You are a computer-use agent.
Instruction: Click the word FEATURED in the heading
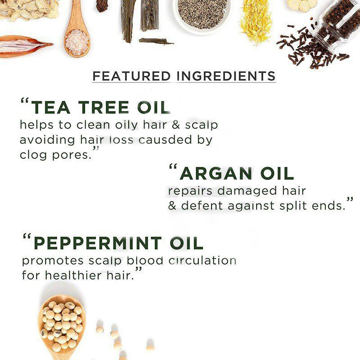(x=131, y=76)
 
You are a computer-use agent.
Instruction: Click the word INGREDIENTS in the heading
(x=226, y=76)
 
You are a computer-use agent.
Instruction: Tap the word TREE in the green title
(x=103, y=108)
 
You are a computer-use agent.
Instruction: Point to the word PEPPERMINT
(x=98, y=243)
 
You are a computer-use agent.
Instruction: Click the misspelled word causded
(x=165, y=140)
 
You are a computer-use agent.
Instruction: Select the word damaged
(x=247, y=191)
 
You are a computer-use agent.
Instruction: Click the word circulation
(x=202, y=261)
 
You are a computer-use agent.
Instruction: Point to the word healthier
(x=73, y=275)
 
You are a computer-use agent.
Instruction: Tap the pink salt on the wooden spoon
(x=77, y=42)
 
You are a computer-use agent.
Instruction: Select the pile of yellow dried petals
(x=256, y=19)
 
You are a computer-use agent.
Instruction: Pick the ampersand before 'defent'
(x=172, y=206)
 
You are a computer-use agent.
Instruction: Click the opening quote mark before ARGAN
(x=173, y=166)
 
